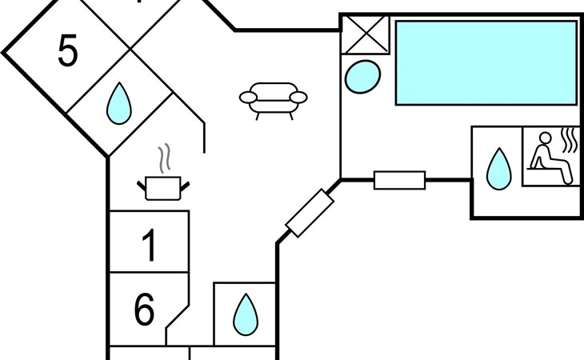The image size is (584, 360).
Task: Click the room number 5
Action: click(68, 50)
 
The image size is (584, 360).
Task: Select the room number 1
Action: click(150, 245)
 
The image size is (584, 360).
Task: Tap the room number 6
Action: click(144, 309)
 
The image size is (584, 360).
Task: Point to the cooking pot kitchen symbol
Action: click(163, 188)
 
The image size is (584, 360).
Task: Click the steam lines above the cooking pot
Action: click(164, 158)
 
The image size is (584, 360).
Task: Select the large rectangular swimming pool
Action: click(486, 63)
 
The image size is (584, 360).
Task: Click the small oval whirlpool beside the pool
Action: click(362, 76)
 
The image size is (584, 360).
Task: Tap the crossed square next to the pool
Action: click(365, 35)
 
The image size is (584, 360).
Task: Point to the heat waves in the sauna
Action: click(569, 140)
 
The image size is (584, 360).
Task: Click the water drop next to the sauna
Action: click(498, 169)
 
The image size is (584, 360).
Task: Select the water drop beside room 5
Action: click(119, 103)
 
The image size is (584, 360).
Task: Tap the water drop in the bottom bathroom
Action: click(246, 314)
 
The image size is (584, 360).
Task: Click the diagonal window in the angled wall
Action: click(310, 213)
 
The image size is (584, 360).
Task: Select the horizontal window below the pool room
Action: click(400, 180)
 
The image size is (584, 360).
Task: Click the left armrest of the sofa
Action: click(248, 98)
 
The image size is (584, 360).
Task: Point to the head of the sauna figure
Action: click(546, 138)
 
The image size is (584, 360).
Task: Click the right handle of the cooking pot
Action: click(185, 186)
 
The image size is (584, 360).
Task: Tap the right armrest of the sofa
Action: click(298, 98)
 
